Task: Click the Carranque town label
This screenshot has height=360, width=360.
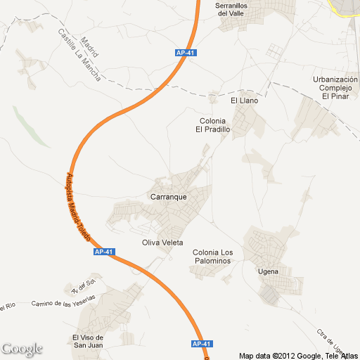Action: click(x=169, y=197)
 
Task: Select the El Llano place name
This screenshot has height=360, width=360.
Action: click(x=245, y=101)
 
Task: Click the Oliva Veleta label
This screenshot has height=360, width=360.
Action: click(x=162, y=243)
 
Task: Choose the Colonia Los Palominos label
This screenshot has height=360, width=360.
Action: click(x=212, y=257)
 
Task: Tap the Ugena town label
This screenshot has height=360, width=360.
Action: click(x=269, y=271)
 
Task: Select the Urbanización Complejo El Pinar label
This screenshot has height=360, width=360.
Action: click(x=335, y=88)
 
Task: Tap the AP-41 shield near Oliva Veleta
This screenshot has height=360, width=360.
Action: click(x=103, y=252)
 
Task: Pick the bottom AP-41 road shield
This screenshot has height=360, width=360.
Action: click(x=202, y=344)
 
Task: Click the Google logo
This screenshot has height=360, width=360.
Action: click(x=22, y=349)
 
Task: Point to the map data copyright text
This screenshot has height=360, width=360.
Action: click(x=298, y=355)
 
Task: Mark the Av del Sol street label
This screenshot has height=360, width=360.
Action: click(x=83, y=286)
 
